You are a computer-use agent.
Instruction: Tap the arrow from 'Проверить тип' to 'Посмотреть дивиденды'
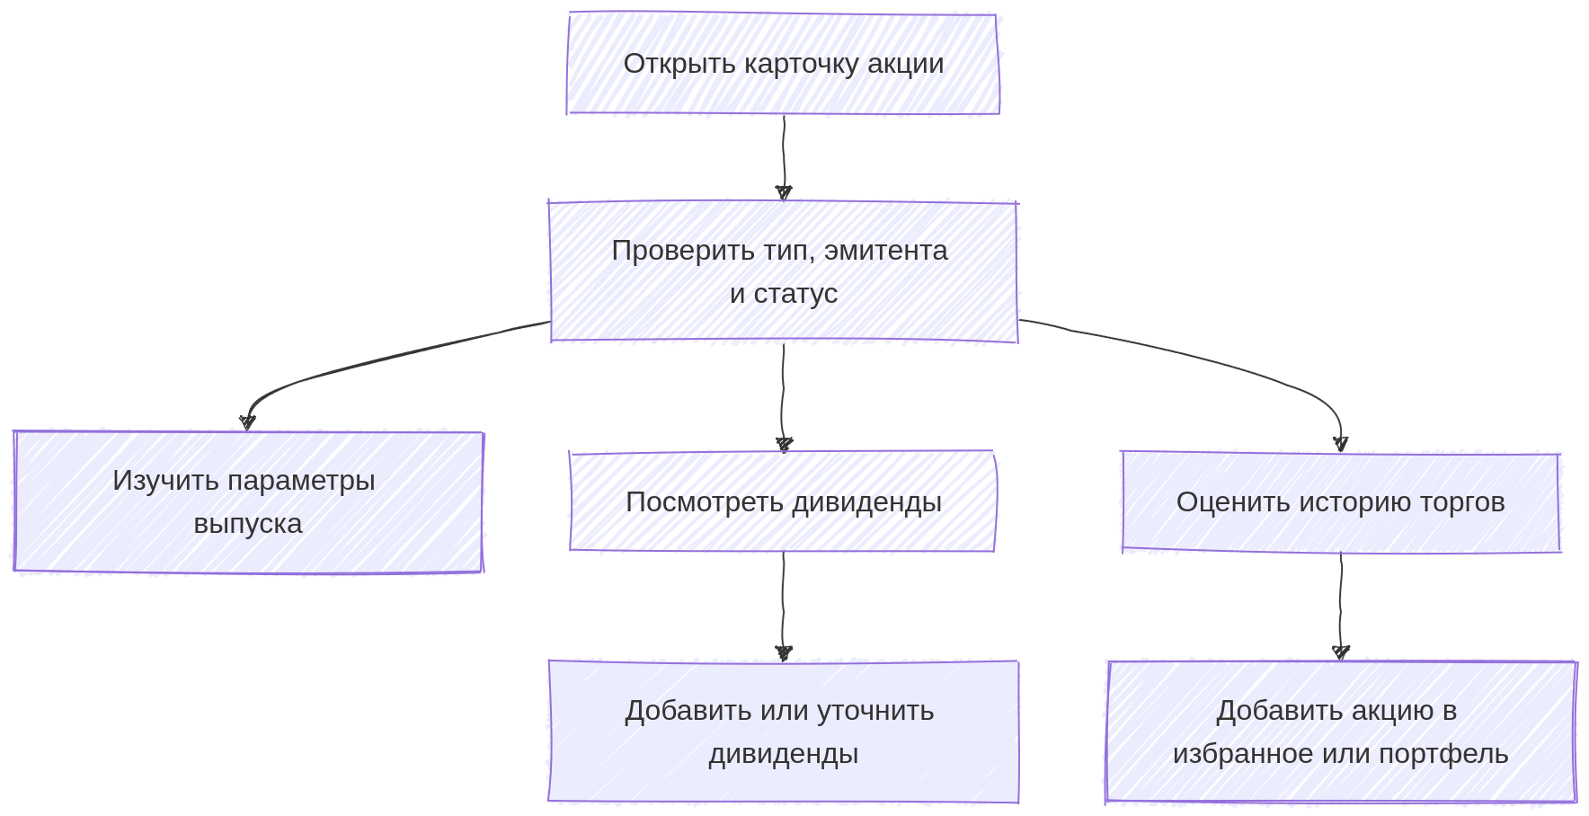[x=783, y=395]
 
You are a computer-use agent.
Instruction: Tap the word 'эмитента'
[x=885, y=251]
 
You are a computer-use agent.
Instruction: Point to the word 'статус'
[x=795, y=294]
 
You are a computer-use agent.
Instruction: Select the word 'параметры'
[x=301, y=481]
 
